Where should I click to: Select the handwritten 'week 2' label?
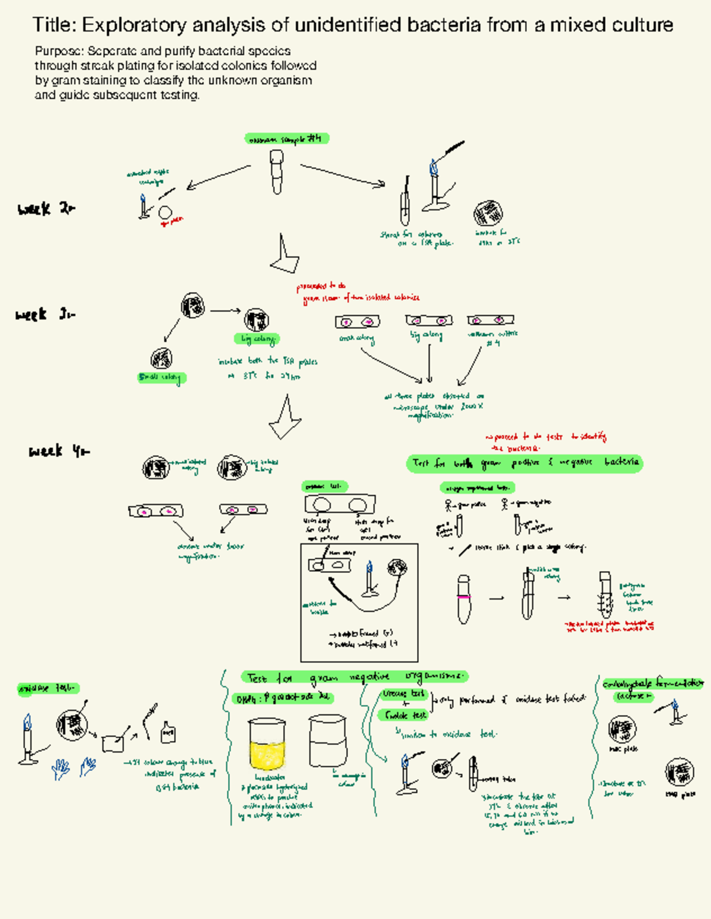point(46,209)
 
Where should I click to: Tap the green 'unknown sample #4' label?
point(287,139)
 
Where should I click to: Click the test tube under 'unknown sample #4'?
point(277,172)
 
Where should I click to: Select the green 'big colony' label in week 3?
point(257,340)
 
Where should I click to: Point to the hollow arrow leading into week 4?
point(286,418)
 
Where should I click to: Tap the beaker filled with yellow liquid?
point(267,745)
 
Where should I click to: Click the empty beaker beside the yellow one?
point(327,741)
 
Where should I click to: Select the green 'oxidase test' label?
point(47,689)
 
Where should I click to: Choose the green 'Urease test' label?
point(403,694)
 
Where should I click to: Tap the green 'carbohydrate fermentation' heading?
point(652,684)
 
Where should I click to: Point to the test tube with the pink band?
point(464,598)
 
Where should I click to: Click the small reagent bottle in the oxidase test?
point(168,733)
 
